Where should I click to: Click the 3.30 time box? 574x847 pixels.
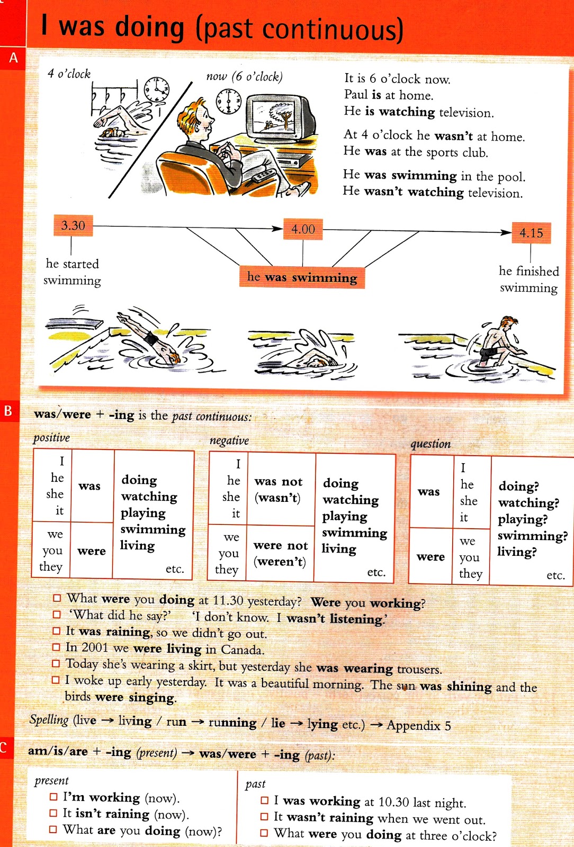pos(73,226)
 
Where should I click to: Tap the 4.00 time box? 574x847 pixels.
pos(303,229)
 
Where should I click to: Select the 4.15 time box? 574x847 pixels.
pos(531,233)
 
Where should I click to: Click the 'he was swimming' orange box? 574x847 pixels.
pos(302,277)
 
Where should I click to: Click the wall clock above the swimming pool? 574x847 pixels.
pos(157,89)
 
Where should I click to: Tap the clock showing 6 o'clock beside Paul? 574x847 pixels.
pos(229,101)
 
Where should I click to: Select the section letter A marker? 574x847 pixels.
pos(13,58)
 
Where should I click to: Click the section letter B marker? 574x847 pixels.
pos(8,411)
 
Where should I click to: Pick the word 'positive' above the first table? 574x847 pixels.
pos(51,438)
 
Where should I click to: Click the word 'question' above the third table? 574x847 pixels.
pos(431,444)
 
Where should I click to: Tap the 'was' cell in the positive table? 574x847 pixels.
pos(89,486)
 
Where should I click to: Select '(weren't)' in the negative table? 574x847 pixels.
pos(280,562)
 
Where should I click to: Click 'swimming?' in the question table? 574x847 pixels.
pos(532,536)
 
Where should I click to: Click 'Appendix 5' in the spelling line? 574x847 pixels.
pos(419,725)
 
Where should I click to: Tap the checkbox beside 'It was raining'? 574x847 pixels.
pos(57,631)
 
